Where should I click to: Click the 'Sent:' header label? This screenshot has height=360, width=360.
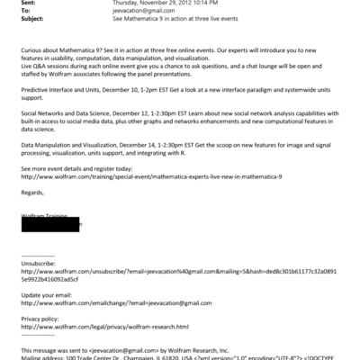pyautogui.click(x=28, y=4)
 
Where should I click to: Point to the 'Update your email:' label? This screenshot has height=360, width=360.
pyautogui.click(x=49, y=294)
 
